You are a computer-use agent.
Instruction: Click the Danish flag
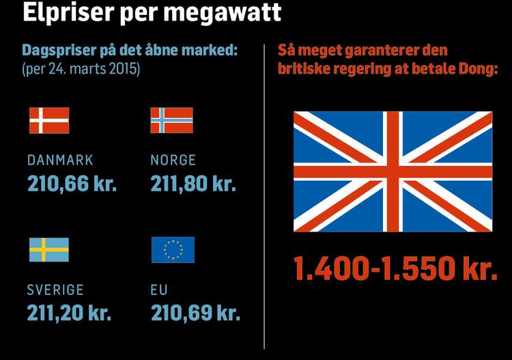(x=48, y=120)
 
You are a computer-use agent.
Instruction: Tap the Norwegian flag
(x=171, y=120)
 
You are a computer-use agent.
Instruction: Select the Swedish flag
(x=48, y=250)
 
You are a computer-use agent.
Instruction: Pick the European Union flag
(x=173, y=250)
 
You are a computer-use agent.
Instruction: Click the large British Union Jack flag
(x=393, y=171)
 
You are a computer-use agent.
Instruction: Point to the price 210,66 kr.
(x=72, y=184)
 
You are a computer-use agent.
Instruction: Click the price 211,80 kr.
(x=193, y=184)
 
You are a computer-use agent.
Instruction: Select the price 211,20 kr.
(x=69, y=313)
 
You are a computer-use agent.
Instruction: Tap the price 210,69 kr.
(x=195, y=313)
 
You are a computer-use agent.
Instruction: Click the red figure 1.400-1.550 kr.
(x=395, y=269)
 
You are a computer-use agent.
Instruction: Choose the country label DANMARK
(x=60, y=161)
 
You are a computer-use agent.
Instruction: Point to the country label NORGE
(x=173, y=161)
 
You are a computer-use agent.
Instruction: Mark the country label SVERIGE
(x=55, y=290)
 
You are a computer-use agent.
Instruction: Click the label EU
(x=158, y=290)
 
